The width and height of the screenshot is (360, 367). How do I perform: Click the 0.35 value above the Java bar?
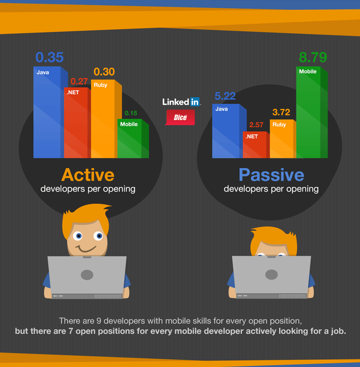tap(49, 57)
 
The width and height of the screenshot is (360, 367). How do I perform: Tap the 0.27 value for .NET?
tap(79, 81)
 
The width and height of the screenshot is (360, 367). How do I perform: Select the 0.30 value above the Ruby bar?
tap(104, 72)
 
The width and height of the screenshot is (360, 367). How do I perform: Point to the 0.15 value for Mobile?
tap(131, 113)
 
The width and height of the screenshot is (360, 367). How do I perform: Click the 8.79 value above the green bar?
tap(313, 57)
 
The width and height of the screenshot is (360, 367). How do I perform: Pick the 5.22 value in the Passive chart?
tap(225, 96)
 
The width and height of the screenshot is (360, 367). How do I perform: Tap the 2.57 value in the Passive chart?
tap(256, 125)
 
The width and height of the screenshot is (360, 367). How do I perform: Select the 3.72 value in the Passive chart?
tap(281, 112)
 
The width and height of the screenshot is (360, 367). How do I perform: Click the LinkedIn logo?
tap(181, 102)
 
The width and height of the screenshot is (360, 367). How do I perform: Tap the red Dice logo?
tap(180, 117)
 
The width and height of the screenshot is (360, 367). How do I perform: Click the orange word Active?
tap(88, 175)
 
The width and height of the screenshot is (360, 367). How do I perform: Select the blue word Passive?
tap(271, 175)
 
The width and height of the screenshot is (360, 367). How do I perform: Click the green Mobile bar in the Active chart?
tap(133, 139)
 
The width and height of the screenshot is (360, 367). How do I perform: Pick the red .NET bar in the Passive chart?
tap(256, 145)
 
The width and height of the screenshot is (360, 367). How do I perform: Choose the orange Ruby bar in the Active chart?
tap(106, 119)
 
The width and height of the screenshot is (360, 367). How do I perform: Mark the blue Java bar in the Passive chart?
tap(229, 131)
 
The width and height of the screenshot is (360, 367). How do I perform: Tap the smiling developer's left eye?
tap(78, 236)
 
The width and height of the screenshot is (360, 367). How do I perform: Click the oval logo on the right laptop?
tap(271, 274)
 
